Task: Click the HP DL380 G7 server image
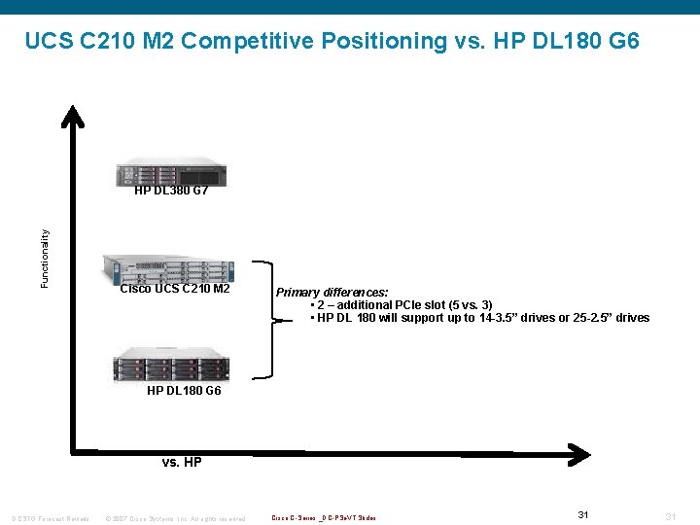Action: [169, 172]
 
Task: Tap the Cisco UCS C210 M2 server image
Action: [168, 268]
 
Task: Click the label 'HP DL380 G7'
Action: [171, 191]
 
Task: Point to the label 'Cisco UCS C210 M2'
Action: [175, 289]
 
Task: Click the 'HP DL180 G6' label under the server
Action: [184, 391]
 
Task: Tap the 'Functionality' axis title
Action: [45, 258]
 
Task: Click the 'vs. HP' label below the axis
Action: [182, 463]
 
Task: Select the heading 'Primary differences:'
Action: [332, 292]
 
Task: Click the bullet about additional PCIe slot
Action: [401, 305]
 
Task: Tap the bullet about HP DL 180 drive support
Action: [479, 318]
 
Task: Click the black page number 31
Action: [583, 514]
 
